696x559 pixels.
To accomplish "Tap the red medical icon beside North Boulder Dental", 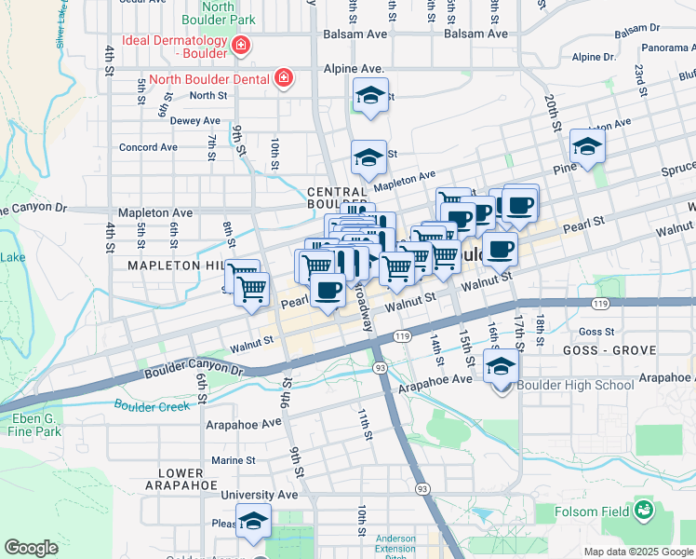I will pos(282,78).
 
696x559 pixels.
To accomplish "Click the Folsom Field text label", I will pos(599,511).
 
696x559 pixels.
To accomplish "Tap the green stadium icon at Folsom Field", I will pos(643,510).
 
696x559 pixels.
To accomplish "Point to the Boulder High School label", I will pos(562,385).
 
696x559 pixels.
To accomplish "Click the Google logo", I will pos(31,548).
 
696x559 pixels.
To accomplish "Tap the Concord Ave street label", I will pos(148,147).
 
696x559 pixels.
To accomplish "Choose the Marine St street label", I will pos(233,460).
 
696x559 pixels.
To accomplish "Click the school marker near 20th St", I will pos(587,146).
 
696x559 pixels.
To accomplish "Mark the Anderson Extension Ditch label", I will pos(395,548).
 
